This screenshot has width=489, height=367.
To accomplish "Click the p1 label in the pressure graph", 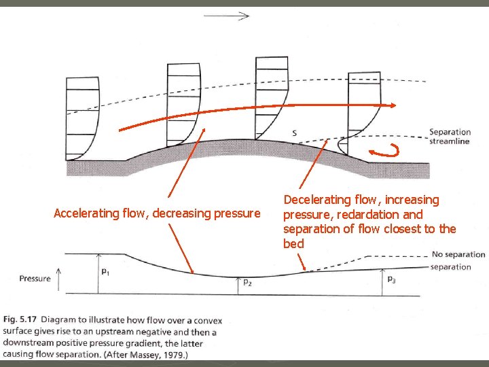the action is [105, 272].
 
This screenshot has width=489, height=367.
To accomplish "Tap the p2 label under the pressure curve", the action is [247, 282].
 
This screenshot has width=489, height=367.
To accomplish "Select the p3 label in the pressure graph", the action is [392, 279].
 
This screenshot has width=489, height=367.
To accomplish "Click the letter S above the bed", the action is [294, 133].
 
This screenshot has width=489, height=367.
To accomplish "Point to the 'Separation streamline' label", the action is [450, 137].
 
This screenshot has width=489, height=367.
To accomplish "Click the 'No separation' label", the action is [458, 255].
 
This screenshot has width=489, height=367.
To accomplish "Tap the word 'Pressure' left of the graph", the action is [35, 278].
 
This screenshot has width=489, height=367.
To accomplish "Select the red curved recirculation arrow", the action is [385, 151].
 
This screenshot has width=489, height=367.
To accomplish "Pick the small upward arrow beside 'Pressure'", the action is [58, 277].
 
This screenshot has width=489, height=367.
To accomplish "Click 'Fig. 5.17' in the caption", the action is [20, 320].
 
